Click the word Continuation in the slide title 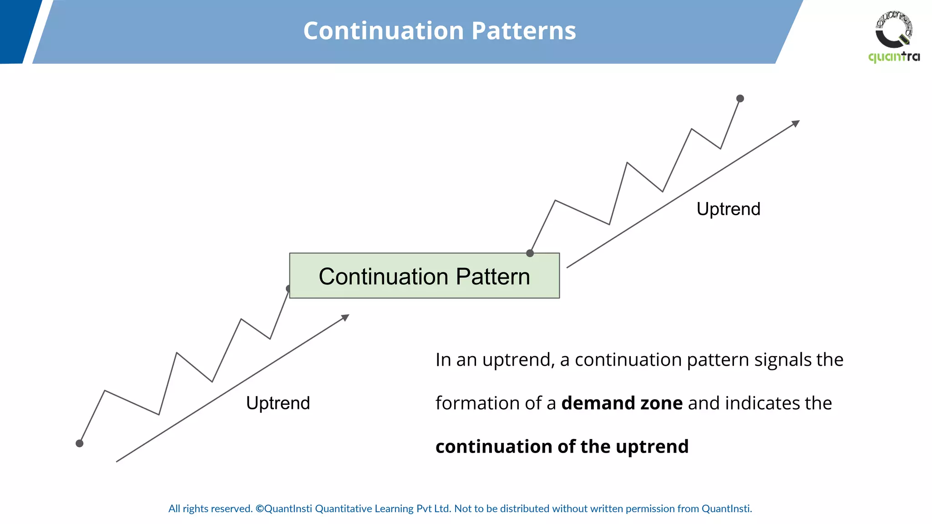pos(384,31)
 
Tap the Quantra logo pos(894,36)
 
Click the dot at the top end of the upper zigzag pos(740,98)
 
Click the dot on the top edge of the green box pos(530,253)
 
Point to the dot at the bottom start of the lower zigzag pos(80,443)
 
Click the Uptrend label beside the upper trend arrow pos(728,209)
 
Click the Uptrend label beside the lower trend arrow pos(278,403)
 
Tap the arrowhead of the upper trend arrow pos(796,123)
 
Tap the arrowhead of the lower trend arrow pos(345,317)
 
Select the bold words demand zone pos(622,403)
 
